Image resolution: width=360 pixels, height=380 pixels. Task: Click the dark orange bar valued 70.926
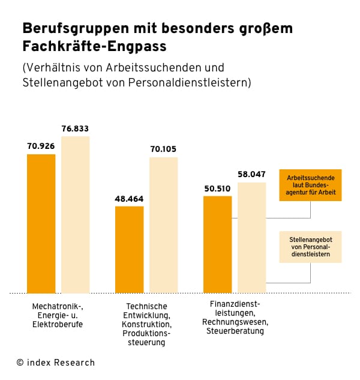[41, 223]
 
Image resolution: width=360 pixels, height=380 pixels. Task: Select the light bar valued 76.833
[75, 214]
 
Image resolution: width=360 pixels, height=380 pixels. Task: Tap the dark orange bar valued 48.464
[129, 249]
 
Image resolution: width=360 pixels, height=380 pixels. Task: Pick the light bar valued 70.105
[163, 225]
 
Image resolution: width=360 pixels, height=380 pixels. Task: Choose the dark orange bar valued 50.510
[217, 244]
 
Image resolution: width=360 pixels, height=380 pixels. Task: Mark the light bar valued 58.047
[251, 237]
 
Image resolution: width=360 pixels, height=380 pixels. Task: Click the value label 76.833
[75, 128]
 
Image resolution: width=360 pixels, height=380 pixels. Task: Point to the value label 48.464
[129, 198]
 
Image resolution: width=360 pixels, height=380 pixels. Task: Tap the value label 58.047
[251, 174]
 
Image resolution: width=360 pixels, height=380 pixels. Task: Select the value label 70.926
[41, 146]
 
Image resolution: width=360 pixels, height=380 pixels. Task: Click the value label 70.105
[163, 149]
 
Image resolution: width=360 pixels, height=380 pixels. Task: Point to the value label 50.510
[217, 188]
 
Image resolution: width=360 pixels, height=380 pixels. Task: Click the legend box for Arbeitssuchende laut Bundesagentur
[310, 185]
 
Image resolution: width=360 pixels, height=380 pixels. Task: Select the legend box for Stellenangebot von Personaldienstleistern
[310, 247]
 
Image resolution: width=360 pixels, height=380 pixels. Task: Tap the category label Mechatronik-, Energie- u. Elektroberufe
[58, 315]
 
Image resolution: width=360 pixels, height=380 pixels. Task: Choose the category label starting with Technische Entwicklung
[146, 324]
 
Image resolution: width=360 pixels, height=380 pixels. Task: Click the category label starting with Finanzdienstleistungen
[235, 317]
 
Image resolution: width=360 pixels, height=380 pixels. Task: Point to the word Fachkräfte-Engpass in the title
[94, 46]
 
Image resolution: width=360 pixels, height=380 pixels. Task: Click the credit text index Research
[55, 363]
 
